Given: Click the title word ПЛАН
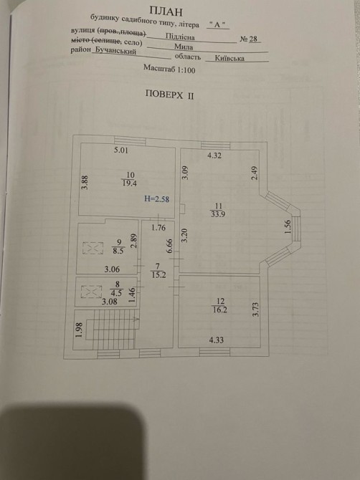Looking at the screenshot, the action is pos(166,11).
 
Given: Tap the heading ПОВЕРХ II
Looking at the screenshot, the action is pos(169,95).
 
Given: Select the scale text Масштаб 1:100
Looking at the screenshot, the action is pos(169,69).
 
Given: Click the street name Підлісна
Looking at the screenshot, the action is pos(180,37).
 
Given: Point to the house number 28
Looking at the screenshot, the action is pos(253,39).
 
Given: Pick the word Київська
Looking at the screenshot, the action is pos(229,58).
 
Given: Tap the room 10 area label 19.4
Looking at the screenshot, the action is pos(129,183).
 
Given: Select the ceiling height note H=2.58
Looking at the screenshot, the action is pos(156,199).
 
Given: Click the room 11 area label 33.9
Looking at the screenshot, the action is pos(218,214).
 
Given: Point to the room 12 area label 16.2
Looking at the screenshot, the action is pos(220,309).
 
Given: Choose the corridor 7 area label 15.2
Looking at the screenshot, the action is pos(158,275).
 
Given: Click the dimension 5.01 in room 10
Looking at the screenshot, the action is pos(120,150).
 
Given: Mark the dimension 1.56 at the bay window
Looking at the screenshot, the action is pos(287,227).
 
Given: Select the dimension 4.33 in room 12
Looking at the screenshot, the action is pos(217,340).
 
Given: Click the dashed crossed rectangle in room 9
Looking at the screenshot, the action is pos(93,248).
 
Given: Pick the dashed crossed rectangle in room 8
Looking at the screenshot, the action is pos(91,292).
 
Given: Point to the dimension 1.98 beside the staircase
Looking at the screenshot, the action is pos(79,330).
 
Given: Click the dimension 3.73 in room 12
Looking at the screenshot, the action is pos(256,309).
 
